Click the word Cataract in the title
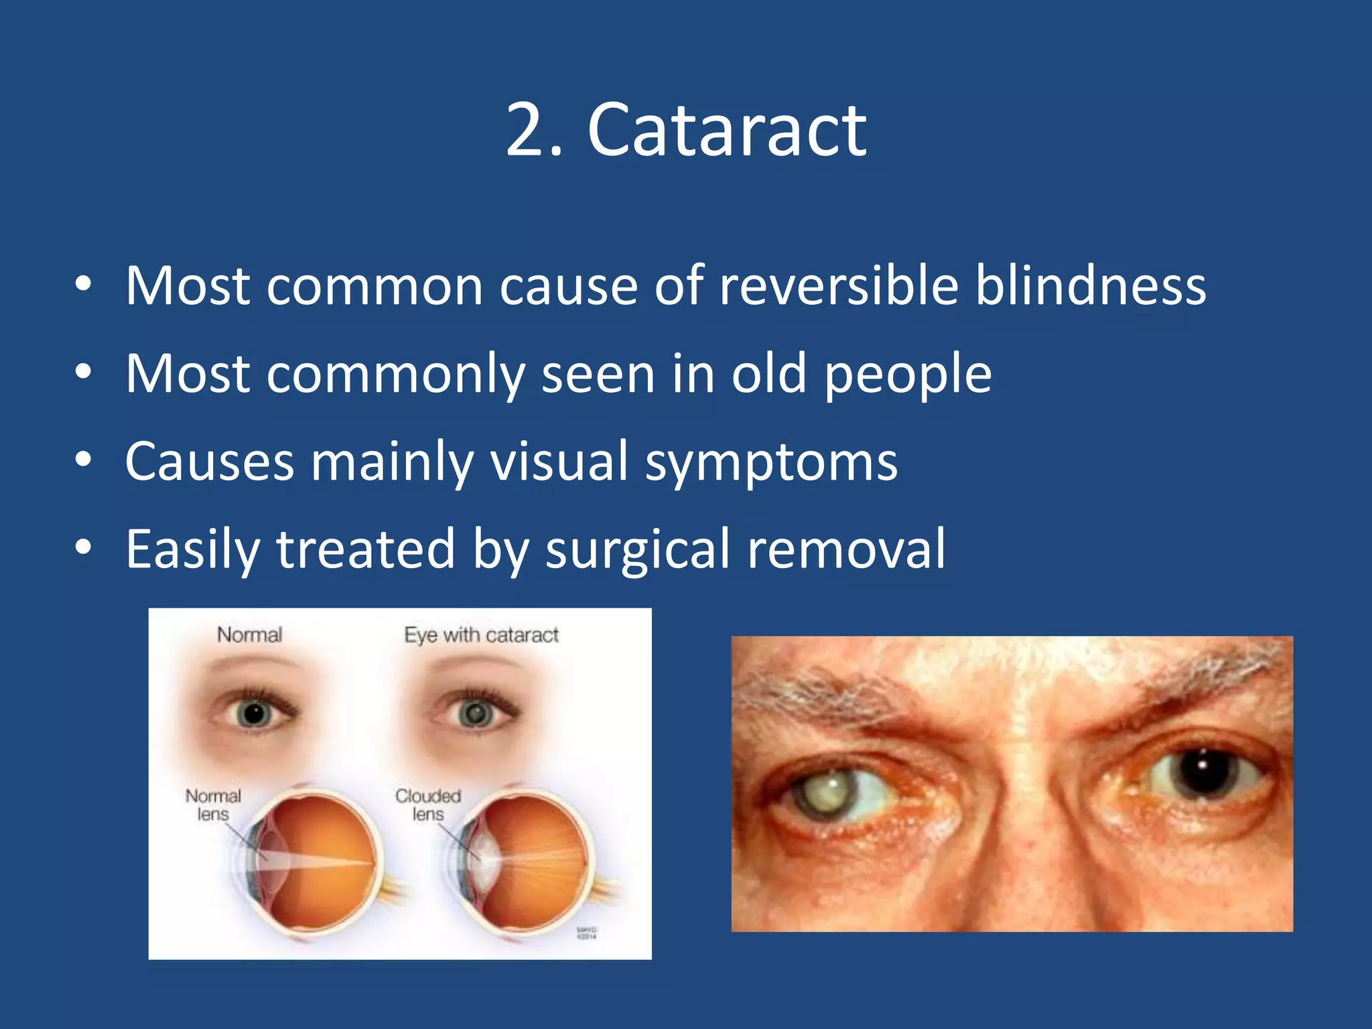coord(726,131)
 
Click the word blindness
coord(1090,287)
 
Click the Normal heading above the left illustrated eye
coord(249,634)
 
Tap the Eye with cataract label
coord(481,634)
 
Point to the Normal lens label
coord(213,805)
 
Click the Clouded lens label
coord(428,805)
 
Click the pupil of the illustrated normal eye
coord(255,715)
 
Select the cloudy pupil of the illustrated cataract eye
coord(476,714)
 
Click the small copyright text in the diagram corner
coord(586,933)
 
